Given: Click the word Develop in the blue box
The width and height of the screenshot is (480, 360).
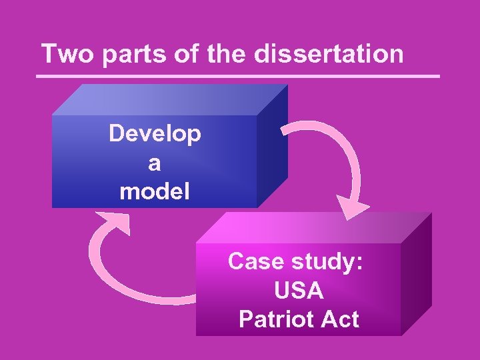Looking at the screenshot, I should [155, 135].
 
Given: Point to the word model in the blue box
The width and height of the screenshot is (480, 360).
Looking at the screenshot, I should [155, 192].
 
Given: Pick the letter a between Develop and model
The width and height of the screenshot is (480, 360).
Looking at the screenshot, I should [155, 163].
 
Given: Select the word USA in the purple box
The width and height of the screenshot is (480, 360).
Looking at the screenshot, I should [298, 291].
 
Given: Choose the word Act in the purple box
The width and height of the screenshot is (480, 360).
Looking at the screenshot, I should [338, 319].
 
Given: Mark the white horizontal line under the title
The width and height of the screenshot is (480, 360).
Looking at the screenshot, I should [240, 76].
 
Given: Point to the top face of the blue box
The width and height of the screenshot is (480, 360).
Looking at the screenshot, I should [170, 100].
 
